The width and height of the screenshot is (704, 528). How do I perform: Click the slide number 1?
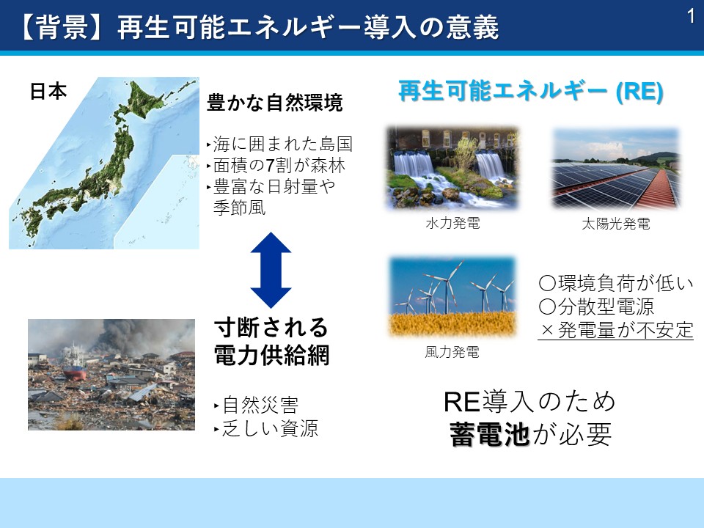691,16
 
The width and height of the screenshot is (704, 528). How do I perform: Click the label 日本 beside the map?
48,91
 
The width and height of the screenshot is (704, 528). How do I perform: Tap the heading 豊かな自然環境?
275,103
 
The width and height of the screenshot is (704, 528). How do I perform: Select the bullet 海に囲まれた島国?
282,144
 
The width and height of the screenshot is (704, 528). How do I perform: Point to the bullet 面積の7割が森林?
279,165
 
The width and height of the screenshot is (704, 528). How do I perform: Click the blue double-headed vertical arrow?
271,271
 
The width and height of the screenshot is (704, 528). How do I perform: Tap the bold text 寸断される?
271,327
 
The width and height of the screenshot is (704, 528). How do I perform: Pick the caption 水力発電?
452,223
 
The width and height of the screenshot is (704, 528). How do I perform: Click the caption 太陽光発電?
615,223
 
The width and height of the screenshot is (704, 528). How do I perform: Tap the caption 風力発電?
452,352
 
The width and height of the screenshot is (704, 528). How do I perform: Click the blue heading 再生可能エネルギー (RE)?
531,91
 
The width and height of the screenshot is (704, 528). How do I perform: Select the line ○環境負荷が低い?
615,283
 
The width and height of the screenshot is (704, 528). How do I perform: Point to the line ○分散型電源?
596,307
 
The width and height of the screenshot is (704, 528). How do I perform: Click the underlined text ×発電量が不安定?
615,330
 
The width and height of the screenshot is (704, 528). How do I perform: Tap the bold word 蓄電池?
489,434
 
